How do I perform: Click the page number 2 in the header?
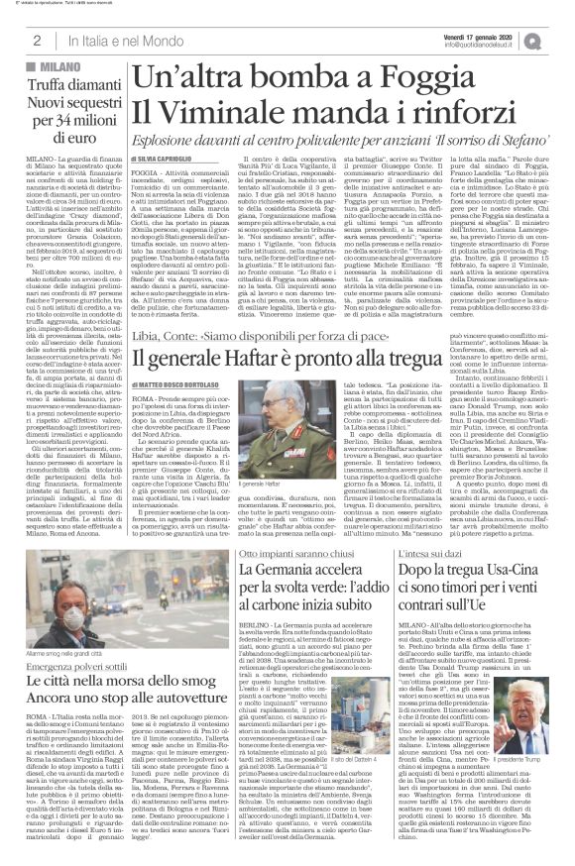(35, 39)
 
